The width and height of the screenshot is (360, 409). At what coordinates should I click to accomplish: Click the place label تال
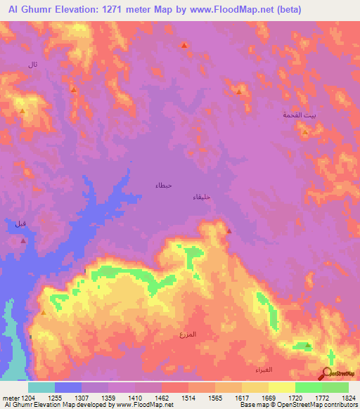tap(32, 65)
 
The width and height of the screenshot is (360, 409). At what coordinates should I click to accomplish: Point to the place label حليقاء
tap(202, 197)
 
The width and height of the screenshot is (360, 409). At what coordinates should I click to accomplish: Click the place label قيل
tap(20, 223)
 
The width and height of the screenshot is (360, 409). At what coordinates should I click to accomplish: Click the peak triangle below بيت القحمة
tap(305, 131)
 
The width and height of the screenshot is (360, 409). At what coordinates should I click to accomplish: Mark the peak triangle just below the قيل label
tap(23, 240)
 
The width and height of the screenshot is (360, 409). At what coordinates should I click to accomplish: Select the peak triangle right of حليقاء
tap(229, 230)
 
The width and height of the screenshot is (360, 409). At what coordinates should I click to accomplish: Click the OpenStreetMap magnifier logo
tap(326, 375)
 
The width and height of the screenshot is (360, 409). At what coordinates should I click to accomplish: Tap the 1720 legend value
tap(284, 397)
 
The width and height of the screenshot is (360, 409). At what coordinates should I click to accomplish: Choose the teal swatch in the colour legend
tap(41, 387)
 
